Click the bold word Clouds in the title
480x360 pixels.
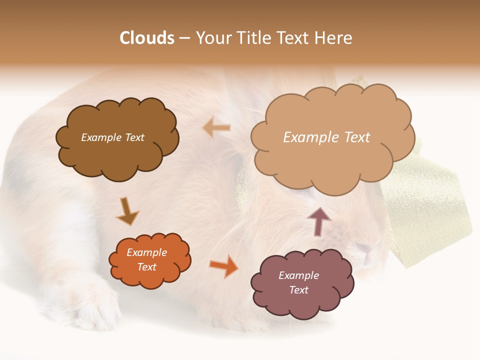tap(147, 38)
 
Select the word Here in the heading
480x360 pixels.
tap(335, 38)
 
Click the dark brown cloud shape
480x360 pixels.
tap(117, 155)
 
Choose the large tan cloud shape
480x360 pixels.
tap(330, 160)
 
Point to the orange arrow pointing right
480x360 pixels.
tap(224, 265)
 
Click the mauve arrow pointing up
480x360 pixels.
tap(319, 221)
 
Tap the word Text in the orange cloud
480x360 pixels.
tap(147, 267)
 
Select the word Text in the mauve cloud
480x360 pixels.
tap(298, 290)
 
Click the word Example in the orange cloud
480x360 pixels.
tap(147, 252)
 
